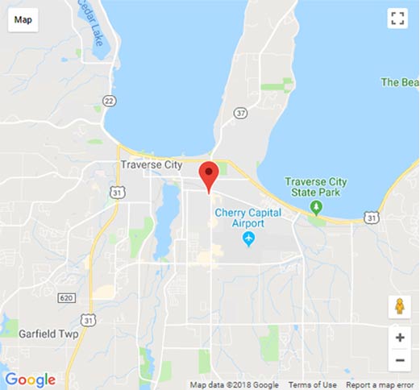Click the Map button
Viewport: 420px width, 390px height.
[23, 19]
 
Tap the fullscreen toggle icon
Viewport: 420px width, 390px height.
[396, 19]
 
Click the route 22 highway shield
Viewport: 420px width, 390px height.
[110, 100]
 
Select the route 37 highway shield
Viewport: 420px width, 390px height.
[239, 112]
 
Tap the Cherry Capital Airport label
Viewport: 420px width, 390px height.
[247, 218]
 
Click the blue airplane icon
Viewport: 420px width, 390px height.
[248, 239]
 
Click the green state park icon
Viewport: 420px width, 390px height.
[317, 207]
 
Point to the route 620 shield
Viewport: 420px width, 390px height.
[66, 298]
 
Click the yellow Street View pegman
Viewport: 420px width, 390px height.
[398, 307]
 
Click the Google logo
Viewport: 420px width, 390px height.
[30, 380]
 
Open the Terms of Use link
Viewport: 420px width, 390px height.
[312, 384]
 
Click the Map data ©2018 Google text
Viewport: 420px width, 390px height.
[235, 384]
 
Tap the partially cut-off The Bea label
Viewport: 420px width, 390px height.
[400, 82]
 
